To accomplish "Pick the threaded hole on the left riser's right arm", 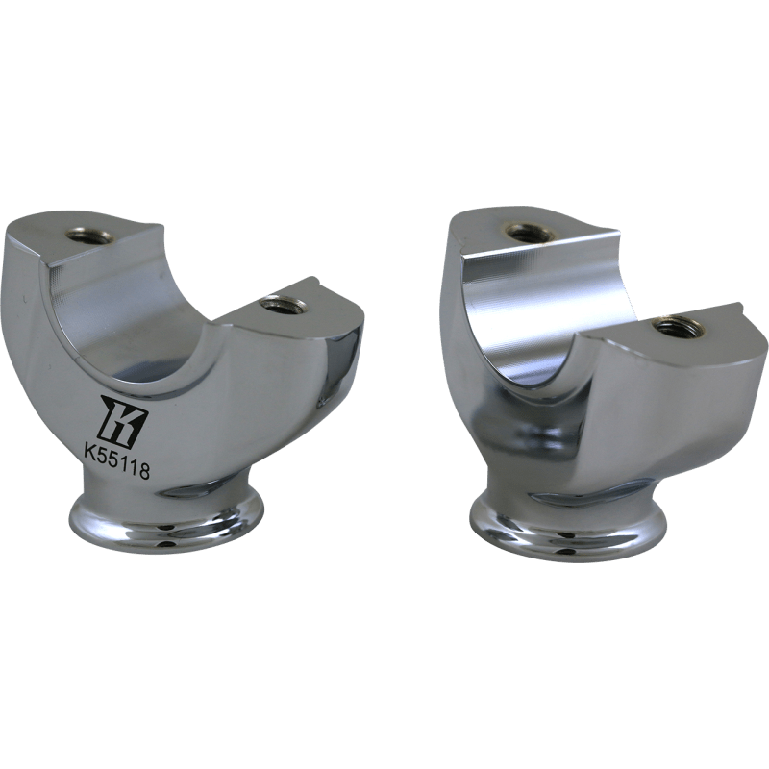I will pyautogui.click(x=285, y=305).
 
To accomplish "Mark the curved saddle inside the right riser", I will pyautogui.click(x=519, y=308).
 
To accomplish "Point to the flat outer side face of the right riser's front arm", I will pyautogui.click(x=673, y=404).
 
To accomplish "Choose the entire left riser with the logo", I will pyautogui.click(x=183, y=384).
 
